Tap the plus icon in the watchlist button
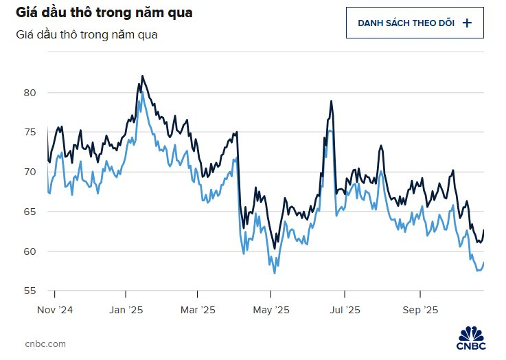tap(468, 23)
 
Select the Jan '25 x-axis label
tap(126, 309)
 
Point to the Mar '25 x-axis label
tap(198, 309)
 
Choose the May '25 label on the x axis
tap(272, 309)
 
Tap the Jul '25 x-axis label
tap(344, 309)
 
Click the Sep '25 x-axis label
tap(420, 309)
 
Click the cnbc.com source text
tap(46, 343)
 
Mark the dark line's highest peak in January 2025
tap(142, 76)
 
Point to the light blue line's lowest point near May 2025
tap(275, 273)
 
